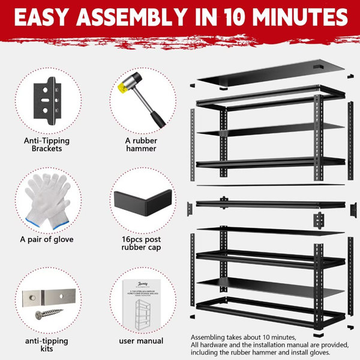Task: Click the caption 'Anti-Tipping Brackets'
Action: click(x=47, y=145)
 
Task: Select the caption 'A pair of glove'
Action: click(x=46, y=239)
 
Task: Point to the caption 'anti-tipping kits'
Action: click(x=46, y=344)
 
